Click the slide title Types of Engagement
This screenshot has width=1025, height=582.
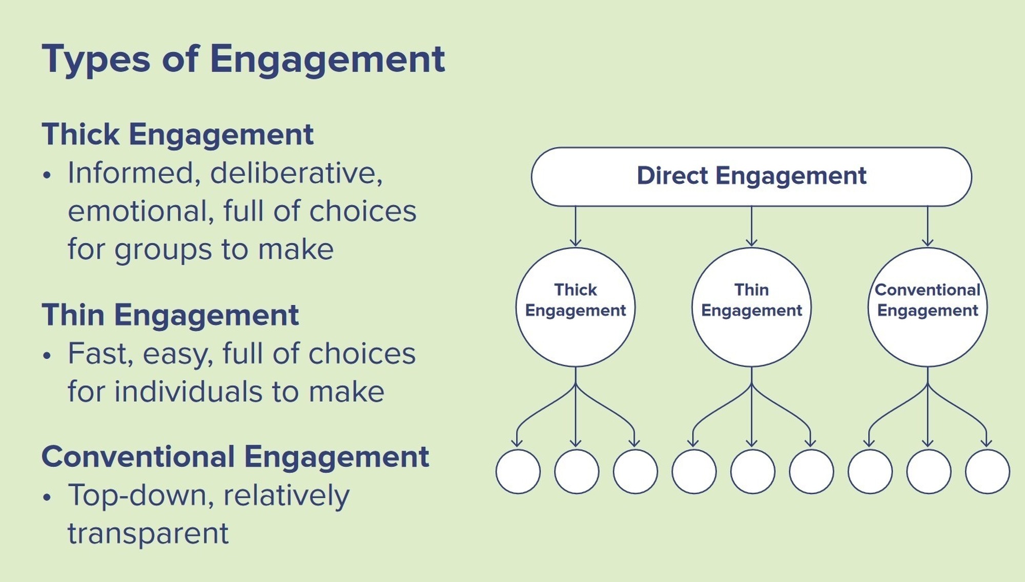(x=243, y=59)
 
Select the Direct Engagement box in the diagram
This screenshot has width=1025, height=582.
(x=751, y=176)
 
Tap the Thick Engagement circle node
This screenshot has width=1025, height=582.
(x=576, y=307)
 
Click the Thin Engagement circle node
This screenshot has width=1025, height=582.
(x=751, y=307)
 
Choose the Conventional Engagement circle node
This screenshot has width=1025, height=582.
(x=928, y=307)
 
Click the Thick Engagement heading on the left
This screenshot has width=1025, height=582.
(x=177, y=135)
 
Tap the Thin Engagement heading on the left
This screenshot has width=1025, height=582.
(x=170, y=315)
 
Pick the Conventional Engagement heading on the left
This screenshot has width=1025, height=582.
(x=235, y=457)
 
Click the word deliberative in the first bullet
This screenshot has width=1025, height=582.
(x=296, y=173)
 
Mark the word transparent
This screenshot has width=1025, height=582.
(x=148, y=534)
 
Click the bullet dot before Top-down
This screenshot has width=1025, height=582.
(x=48, y=497)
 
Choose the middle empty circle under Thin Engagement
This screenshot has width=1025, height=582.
(x=752, y=471)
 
